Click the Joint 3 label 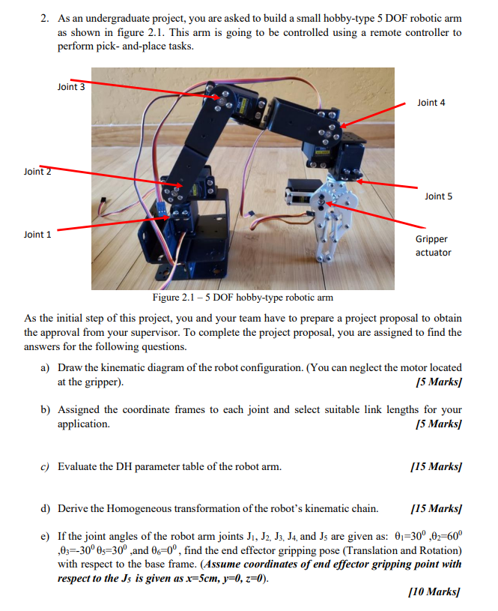[x=71, y=87]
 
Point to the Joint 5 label [x=438, y=196]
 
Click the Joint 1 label [x=37, y=235]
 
